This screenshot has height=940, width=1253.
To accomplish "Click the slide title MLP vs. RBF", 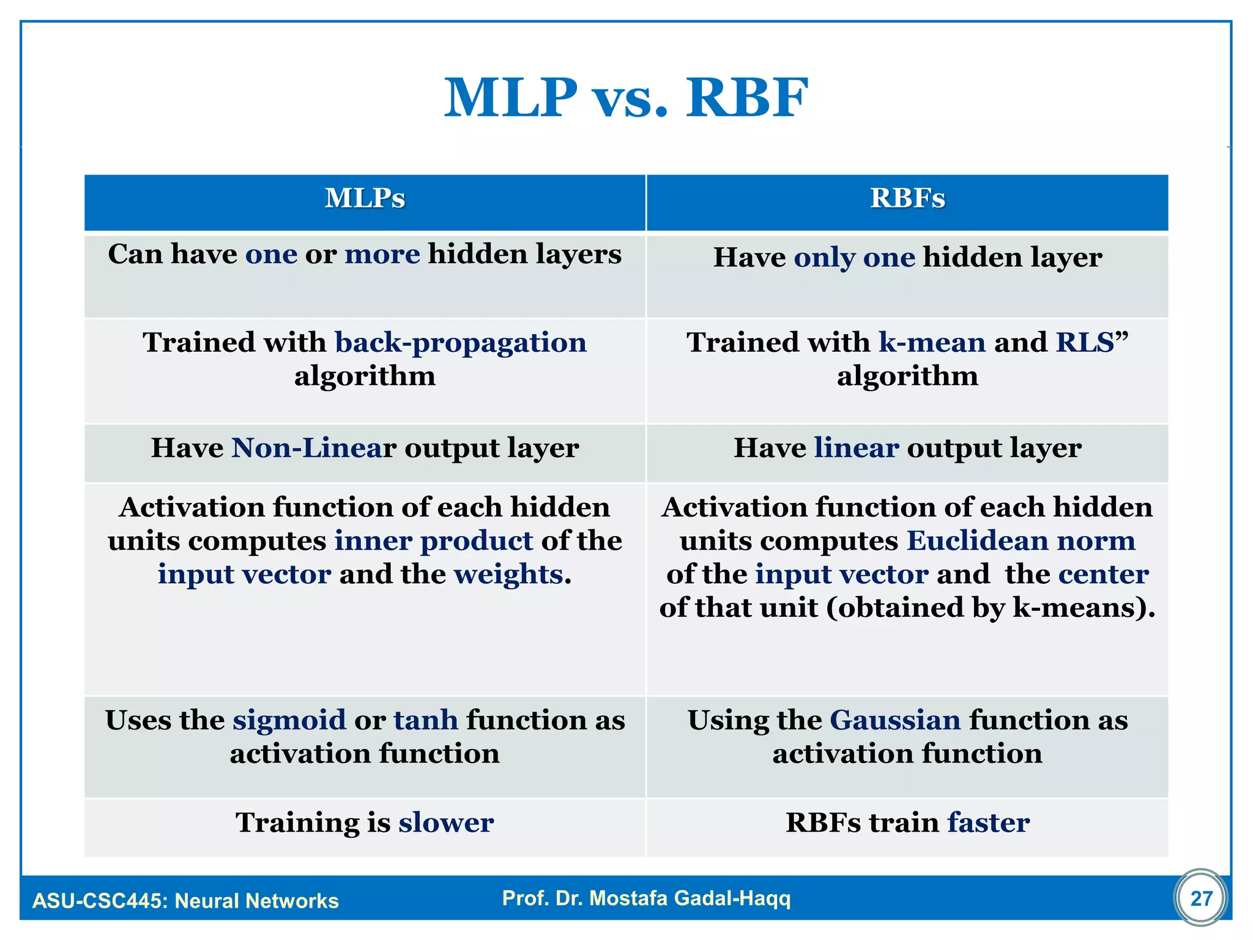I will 626,98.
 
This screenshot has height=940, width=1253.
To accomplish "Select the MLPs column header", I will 365,198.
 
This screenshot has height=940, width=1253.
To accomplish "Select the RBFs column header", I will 907,198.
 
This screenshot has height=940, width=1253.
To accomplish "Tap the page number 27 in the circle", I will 1201,898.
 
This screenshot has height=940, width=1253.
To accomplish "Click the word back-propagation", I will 461,343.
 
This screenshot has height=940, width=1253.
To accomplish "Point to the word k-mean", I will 932,342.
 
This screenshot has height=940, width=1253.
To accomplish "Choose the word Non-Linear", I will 314,448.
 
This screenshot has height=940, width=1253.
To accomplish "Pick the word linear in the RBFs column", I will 857,448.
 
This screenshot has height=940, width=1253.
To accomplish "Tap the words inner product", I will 434,541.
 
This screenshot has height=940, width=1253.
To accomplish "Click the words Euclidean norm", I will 1021,541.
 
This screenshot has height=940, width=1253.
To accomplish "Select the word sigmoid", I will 289,720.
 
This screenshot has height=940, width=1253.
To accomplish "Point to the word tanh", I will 426,720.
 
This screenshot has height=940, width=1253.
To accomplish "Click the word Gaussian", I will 895,720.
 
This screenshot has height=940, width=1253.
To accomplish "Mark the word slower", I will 446,822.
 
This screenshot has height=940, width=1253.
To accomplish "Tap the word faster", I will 988,822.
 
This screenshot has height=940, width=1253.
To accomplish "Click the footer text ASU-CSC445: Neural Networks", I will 185,901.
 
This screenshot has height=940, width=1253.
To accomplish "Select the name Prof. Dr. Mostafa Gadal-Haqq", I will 646,898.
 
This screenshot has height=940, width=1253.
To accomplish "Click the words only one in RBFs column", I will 854,258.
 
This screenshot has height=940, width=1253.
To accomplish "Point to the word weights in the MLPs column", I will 508,575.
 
